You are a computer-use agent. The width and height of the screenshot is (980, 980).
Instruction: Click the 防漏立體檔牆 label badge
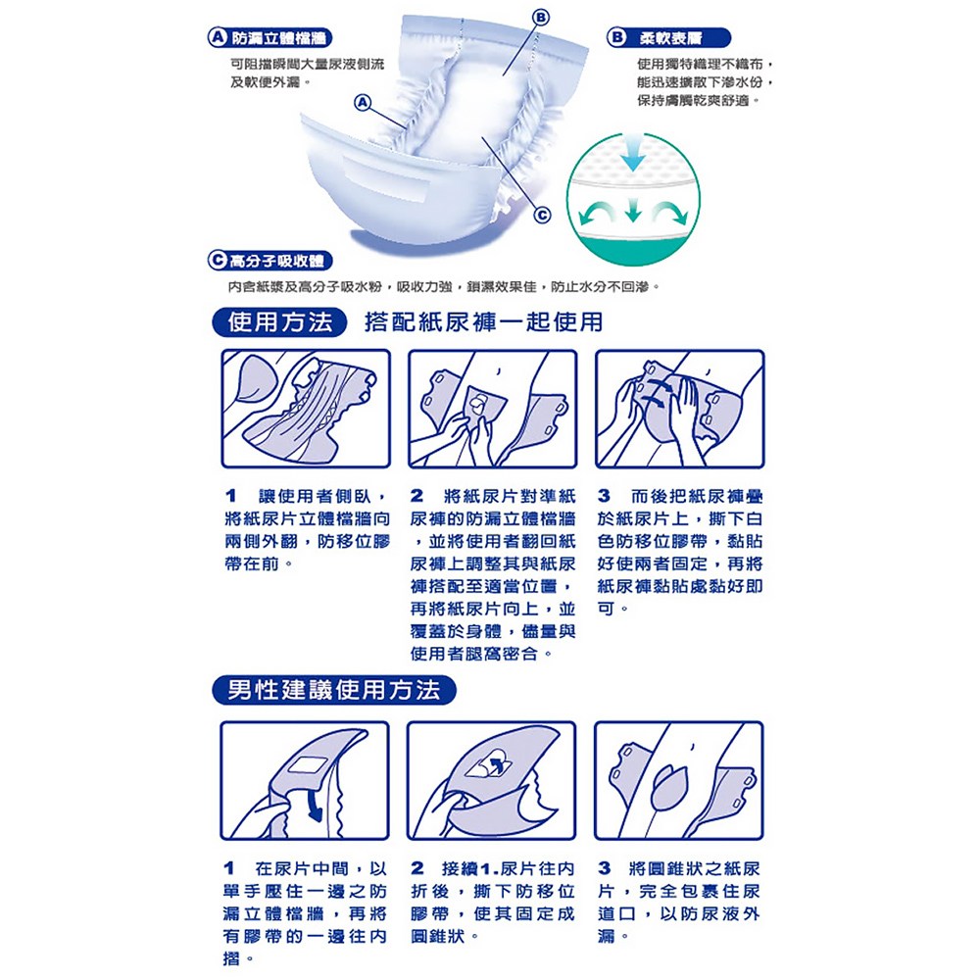(270, 38)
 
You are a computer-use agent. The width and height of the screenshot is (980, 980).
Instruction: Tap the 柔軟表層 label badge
(668, 37)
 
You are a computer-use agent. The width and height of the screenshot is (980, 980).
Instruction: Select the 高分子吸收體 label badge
(270, 260)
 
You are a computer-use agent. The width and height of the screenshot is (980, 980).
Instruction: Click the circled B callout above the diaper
(541, 18)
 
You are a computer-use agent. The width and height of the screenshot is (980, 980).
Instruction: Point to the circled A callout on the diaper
(363, 103)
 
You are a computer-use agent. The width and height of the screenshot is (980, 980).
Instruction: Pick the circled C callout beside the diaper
(543, 215)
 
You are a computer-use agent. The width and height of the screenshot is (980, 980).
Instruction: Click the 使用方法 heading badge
(279, 322)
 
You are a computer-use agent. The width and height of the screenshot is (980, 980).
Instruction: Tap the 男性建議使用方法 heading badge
(334, 690)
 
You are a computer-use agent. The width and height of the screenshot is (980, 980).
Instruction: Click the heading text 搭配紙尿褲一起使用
(484, 322)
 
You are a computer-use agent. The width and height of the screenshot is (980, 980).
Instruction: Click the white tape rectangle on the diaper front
(385, 179)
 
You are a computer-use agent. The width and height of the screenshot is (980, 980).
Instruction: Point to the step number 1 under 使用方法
(230, 496)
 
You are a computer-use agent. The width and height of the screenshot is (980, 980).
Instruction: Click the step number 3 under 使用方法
(603, 496)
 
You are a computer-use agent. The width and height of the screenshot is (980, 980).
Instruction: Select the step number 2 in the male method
(417, 868)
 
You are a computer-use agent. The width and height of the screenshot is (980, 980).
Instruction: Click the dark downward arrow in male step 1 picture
(315, 805)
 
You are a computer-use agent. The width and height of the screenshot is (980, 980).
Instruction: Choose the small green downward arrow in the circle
(633, 210)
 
